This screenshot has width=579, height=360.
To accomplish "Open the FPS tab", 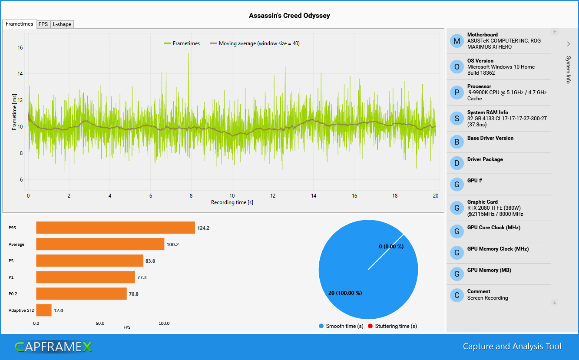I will (x=43, y=24).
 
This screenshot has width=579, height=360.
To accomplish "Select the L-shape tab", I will (x=62, y=24).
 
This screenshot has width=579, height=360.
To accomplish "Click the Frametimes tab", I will (x=19, y=24).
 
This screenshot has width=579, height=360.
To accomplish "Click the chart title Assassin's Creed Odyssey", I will (x=289, y=16).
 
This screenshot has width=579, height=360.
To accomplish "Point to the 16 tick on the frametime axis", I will (x=20, y=48).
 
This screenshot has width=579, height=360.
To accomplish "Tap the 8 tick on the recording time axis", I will (x=191, y=196).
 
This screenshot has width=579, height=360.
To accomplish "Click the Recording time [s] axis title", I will (x=232, y=202).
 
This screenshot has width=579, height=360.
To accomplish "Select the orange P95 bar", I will (x=115, y=228).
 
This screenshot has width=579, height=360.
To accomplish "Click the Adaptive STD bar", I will (x=43, y=310).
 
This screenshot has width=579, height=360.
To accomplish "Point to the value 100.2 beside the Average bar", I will (x=172, y=244).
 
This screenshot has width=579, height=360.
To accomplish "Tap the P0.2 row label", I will (x=13, y=294).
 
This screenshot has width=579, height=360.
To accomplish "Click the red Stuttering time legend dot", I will (x=371, y=326).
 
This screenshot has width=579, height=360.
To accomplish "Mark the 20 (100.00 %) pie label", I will (x=345, y=293).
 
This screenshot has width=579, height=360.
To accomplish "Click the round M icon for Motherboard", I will (x=457, y=41).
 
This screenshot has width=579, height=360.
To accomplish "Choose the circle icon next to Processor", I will (x=457, y=92).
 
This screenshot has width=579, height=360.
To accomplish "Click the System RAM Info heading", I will (x=487, y=112).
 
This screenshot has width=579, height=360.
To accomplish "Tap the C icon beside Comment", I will (x=457, y=295).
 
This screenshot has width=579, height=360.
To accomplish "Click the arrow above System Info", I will (x=568, y=43).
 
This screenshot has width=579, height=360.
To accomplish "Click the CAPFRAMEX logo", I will (x=53, y=347).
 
